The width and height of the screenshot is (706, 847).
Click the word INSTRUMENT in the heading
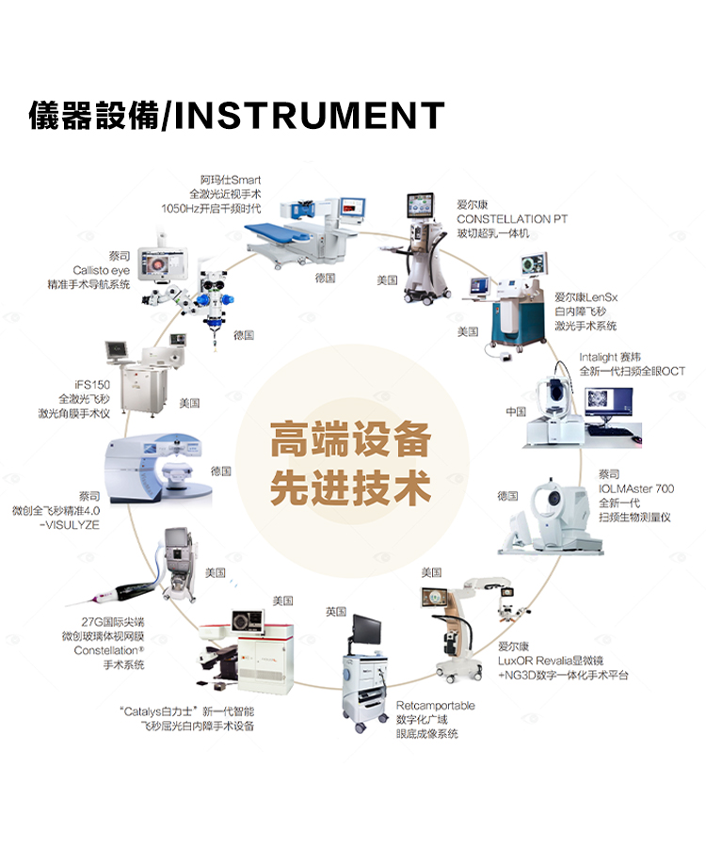point(310,117)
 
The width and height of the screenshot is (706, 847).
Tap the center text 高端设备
point(350,440)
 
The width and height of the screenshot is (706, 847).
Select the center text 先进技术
point(350,488)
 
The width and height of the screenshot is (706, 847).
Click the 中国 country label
point(515,412)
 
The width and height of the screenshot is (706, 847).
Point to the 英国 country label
point(336,612)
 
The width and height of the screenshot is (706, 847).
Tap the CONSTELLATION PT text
point(512,218)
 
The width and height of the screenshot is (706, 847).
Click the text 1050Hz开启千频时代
point(211,208)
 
